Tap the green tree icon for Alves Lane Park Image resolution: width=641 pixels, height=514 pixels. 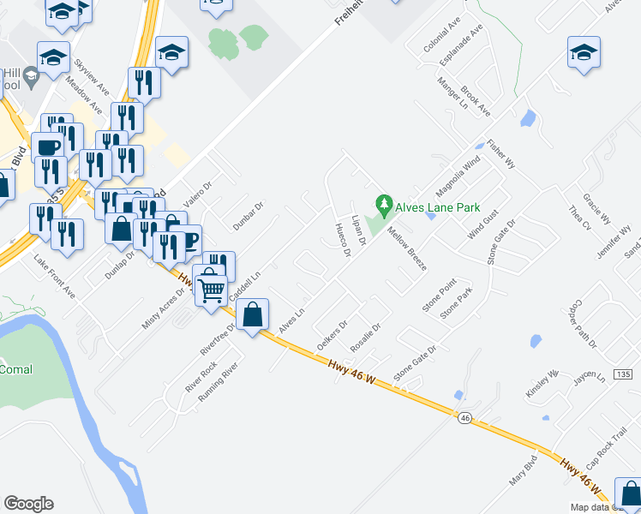(x=384, y=205)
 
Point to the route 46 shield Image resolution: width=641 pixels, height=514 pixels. (x=464, y=417)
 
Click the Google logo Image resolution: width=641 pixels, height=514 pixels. (x=28, y=504)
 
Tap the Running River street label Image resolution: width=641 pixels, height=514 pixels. (x=216, y=383)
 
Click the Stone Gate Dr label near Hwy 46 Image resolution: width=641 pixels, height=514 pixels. (x=415, y=363)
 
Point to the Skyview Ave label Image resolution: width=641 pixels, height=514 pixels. (x=92, y=76)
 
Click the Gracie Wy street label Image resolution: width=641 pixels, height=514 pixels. (x=595, y=206)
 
